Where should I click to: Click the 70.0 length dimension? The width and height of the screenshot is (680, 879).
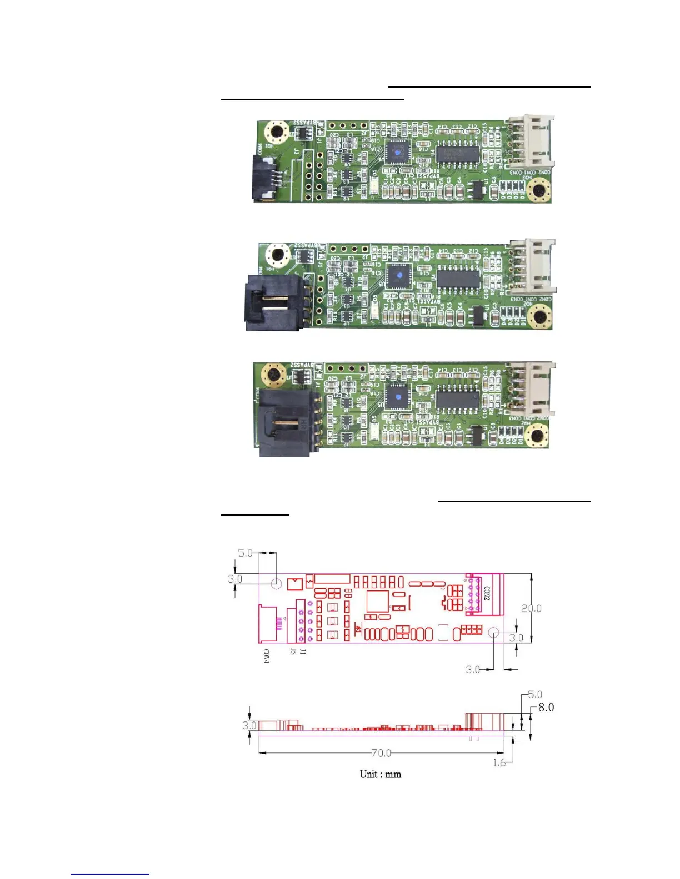381,753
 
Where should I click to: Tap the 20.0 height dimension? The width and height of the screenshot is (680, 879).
531,608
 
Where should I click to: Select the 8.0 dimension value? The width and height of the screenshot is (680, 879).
546,707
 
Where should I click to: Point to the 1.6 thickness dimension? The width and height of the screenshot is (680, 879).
499,762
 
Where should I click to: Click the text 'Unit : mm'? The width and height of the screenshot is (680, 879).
381,774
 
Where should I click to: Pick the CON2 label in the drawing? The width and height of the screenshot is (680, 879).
487,594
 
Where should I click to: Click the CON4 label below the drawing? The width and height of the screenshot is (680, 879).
266,656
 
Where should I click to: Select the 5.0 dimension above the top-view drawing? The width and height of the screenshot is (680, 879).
246,553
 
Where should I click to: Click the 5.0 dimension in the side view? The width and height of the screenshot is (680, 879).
535,694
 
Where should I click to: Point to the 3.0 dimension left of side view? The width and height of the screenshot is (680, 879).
249,725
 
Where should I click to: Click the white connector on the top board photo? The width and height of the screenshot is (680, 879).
532,143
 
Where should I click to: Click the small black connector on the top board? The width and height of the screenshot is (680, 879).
264,177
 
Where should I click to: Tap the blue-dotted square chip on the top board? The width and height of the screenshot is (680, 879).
397,151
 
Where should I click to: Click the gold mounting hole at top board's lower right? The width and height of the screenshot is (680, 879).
538,192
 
